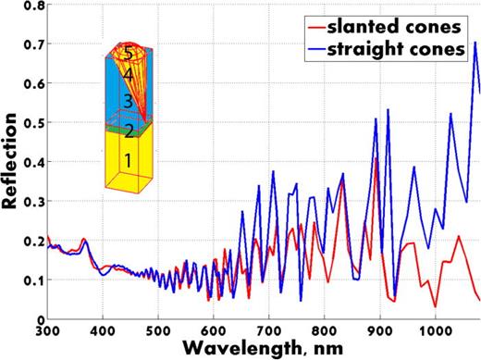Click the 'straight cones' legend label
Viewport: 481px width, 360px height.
(x=413, y=48)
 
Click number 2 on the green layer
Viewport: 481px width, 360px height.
(x=129, y=130)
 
